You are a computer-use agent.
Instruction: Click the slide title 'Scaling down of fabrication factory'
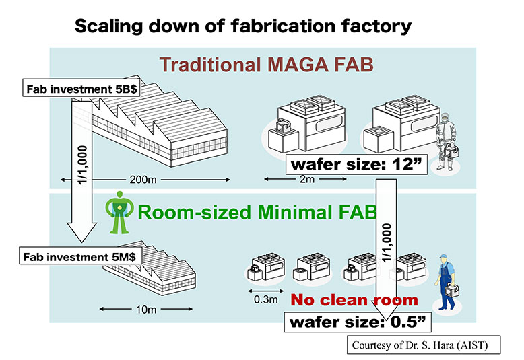243,26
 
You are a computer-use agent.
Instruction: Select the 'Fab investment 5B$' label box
81,89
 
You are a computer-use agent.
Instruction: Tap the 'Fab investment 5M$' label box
81,256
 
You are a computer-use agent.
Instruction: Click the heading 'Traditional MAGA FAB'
266,65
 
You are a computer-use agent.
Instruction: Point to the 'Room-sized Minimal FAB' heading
257,212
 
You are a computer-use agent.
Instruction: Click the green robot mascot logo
119,213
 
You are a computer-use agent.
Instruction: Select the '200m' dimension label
143,180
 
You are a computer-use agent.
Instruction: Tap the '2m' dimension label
307,180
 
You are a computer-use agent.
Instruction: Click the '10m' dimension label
146,310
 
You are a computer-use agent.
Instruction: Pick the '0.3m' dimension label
265,299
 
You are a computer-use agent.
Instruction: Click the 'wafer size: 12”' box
356,164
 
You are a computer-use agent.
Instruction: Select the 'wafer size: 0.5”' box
358,322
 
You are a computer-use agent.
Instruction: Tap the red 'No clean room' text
354,300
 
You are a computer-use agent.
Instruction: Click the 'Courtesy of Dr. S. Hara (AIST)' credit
424,345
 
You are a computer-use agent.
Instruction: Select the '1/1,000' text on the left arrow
82,165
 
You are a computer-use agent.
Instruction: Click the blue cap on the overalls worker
443,257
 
